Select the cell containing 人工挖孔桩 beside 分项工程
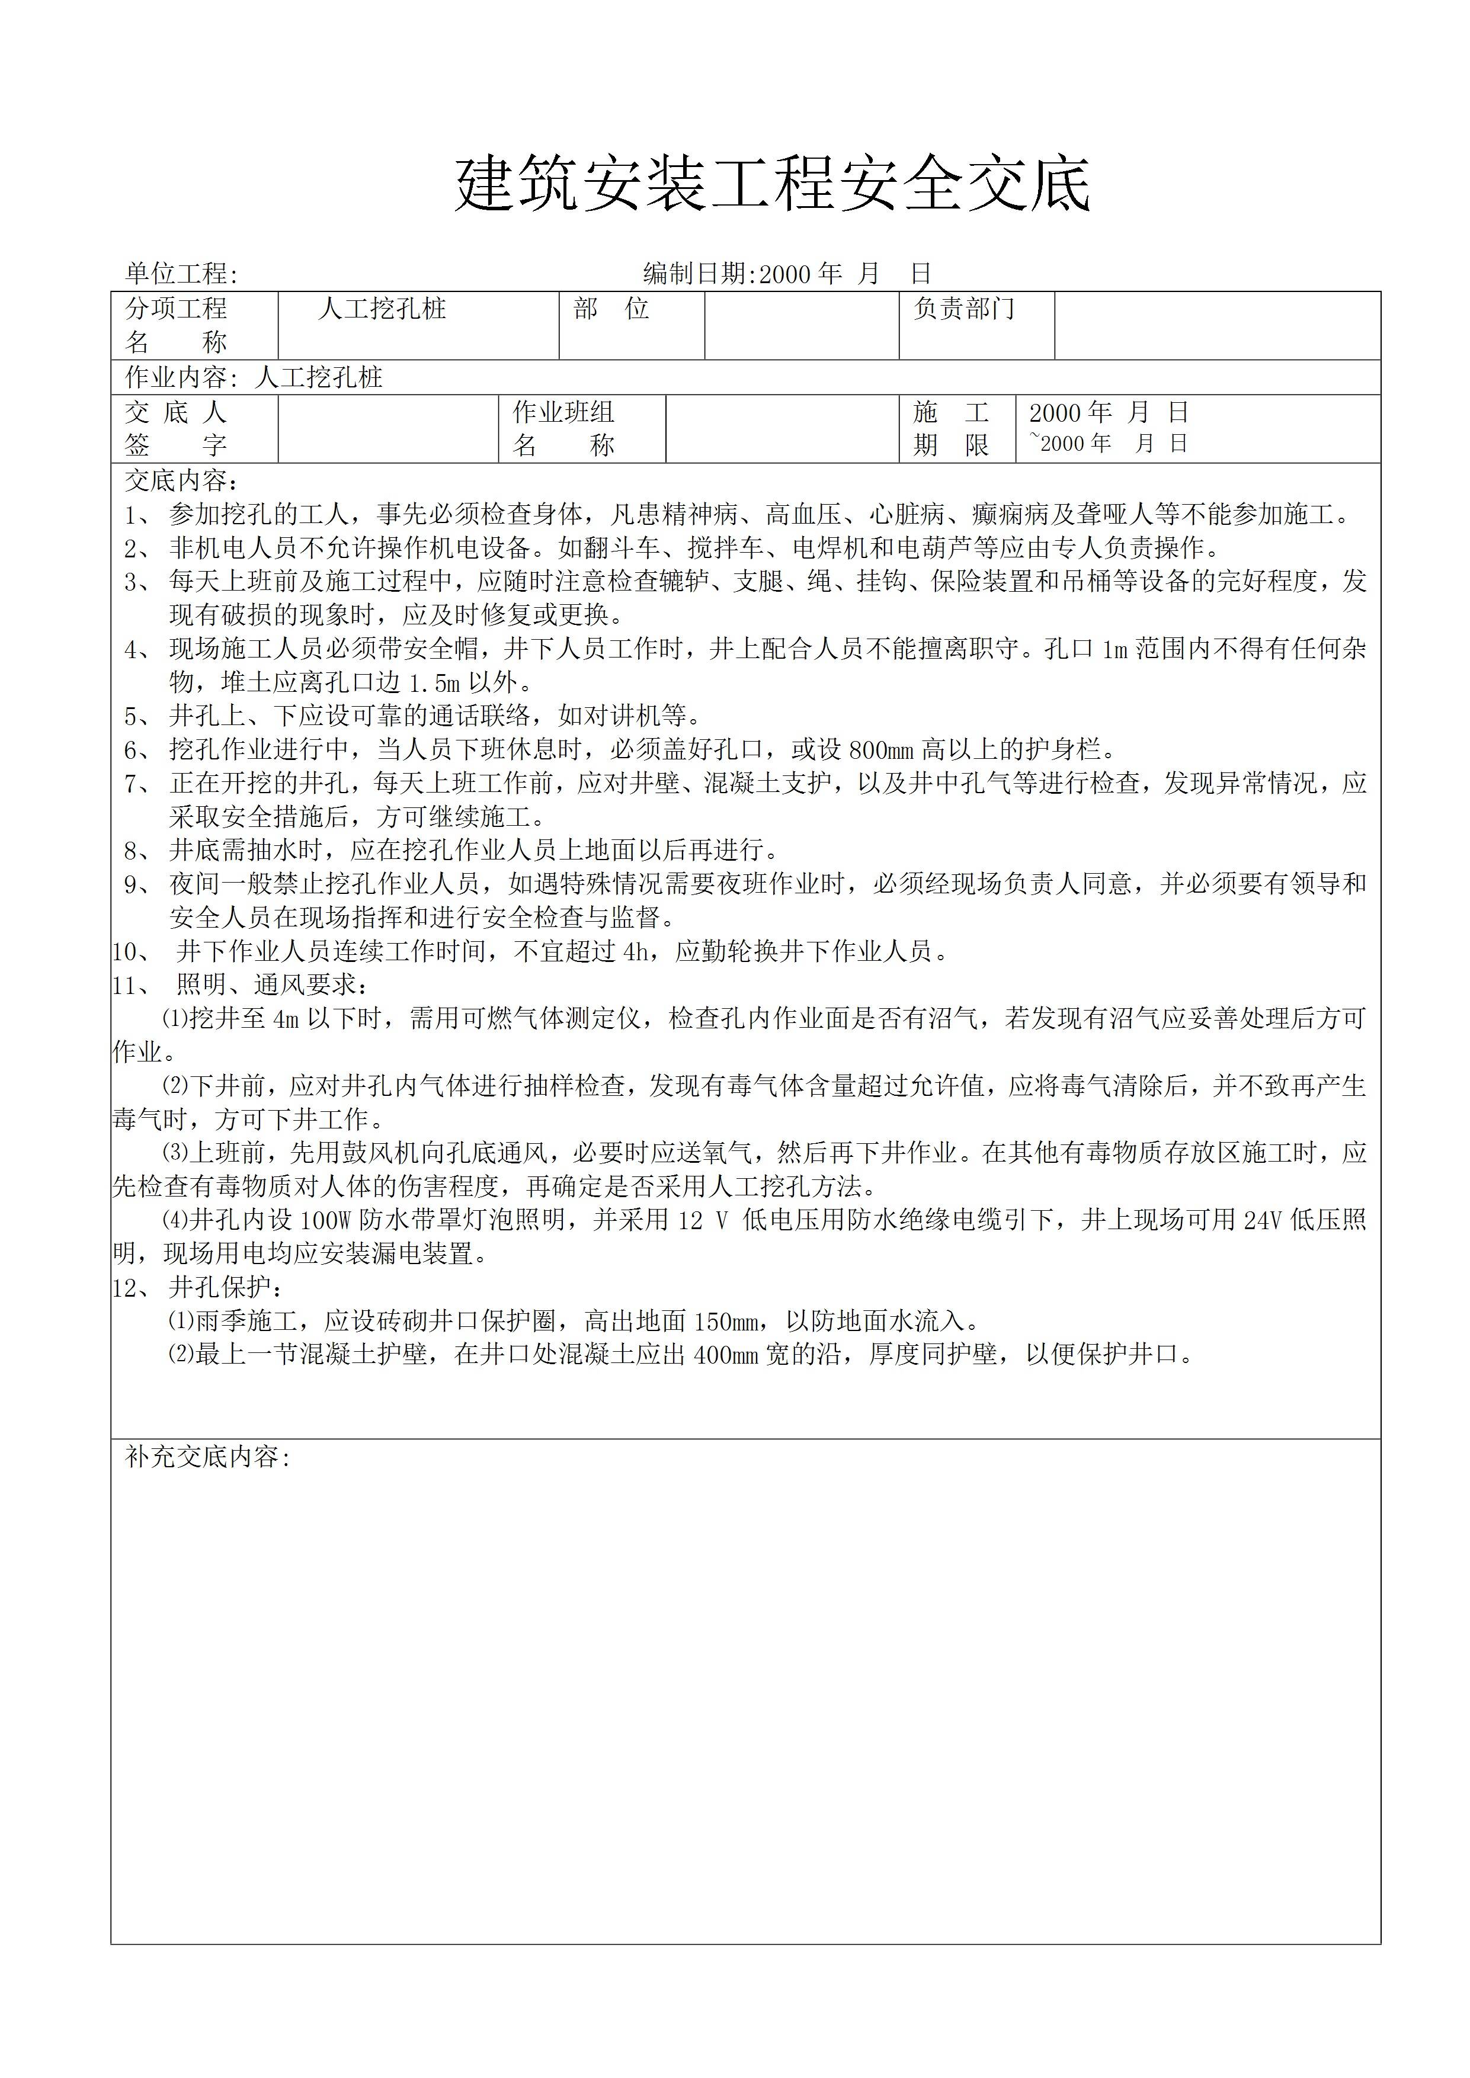click(418, 325)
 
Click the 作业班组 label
click(564, 413)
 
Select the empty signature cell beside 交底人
click(387, 429)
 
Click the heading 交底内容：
click(182, 480)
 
